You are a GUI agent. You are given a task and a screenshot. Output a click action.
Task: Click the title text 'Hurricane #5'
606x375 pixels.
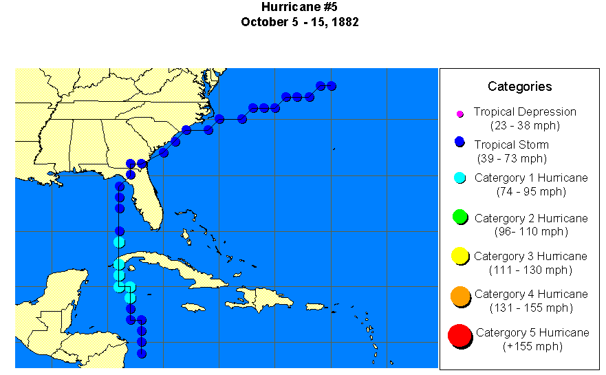(300, 8)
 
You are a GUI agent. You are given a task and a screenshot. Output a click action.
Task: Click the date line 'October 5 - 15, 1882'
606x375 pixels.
(300, 22)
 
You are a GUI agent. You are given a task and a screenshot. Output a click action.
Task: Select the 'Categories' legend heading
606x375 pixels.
(519, 86)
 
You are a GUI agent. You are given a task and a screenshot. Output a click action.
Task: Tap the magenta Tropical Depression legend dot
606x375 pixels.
(460, 114)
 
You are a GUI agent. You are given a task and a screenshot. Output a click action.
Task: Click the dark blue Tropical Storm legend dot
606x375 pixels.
(460, 142)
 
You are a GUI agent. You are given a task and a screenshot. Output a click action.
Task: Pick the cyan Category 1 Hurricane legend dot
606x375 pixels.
(460, 178)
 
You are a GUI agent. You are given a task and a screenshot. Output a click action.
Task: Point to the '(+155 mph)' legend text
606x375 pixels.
(532, 346)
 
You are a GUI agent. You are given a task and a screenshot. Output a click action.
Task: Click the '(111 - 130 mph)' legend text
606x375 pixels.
(530, 270)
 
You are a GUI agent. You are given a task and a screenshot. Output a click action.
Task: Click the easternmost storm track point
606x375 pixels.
(331, 86)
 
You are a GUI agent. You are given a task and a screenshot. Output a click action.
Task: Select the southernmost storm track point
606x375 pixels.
(141, 353)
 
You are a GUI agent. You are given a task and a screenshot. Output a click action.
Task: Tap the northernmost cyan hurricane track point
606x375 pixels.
(119, 242)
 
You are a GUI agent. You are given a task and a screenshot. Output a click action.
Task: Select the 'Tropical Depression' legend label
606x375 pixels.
(525, 111)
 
